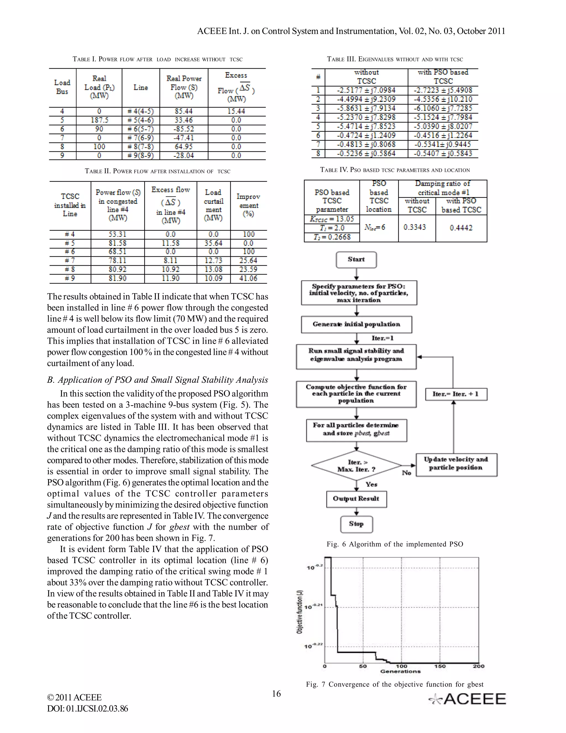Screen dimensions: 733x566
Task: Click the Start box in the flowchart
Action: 356,260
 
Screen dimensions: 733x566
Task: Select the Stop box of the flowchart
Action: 356,524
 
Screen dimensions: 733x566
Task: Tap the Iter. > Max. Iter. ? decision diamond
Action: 356,466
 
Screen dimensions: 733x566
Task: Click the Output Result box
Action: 356,499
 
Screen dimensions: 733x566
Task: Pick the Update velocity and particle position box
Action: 456,464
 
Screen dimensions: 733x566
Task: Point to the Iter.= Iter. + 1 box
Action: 456,394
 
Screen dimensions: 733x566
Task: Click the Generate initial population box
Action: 356,324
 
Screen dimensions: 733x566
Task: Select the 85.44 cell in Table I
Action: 184,111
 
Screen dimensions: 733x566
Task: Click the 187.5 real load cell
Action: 99,120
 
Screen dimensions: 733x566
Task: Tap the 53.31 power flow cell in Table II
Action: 117,234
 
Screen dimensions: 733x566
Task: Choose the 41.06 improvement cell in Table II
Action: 248,278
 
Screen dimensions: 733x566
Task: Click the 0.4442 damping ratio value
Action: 461,228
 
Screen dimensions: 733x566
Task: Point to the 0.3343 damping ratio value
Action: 415,227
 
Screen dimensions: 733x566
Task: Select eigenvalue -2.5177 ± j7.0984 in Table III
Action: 366,90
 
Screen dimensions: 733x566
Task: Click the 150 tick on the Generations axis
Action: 440,666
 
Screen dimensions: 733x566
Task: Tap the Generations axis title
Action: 400,671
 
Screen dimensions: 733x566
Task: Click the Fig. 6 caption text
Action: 395,544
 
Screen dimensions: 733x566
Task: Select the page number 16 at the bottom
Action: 276,694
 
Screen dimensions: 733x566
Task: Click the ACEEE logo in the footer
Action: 468,699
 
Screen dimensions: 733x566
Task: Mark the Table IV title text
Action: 395,170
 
